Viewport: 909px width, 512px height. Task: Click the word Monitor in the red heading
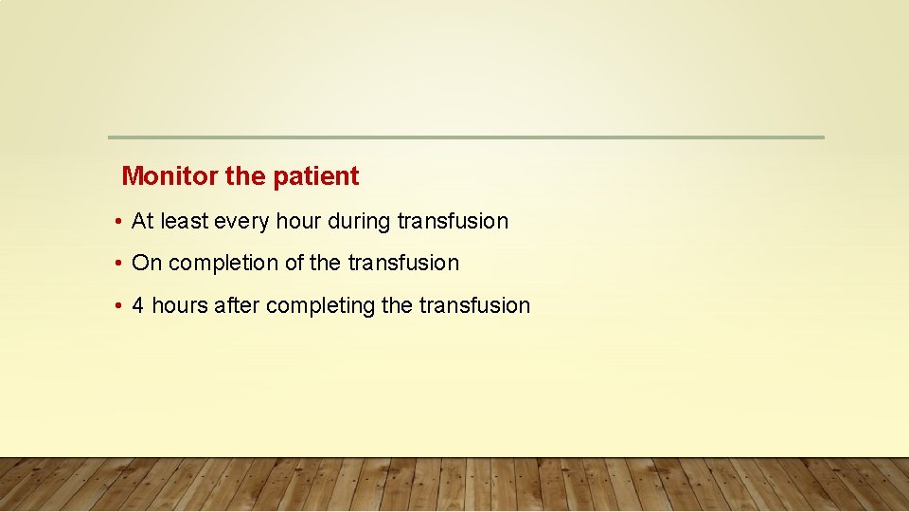169,176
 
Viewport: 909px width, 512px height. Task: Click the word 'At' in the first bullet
143,222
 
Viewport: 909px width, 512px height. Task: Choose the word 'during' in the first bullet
359,222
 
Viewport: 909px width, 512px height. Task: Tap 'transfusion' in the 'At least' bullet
453,222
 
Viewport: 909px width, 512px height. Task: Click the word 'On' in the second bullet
147,264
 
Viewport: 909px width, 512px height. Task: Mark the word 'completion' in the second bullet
222,264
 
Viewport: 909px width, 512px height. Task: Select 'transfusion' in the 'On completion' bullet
403,264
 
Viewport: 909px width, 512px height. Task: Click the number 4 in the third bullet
138,305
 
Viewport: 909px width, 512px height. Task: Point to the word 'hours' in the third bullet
180,305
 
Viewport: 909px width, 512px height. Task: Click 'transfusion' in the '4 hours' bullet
474,305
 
